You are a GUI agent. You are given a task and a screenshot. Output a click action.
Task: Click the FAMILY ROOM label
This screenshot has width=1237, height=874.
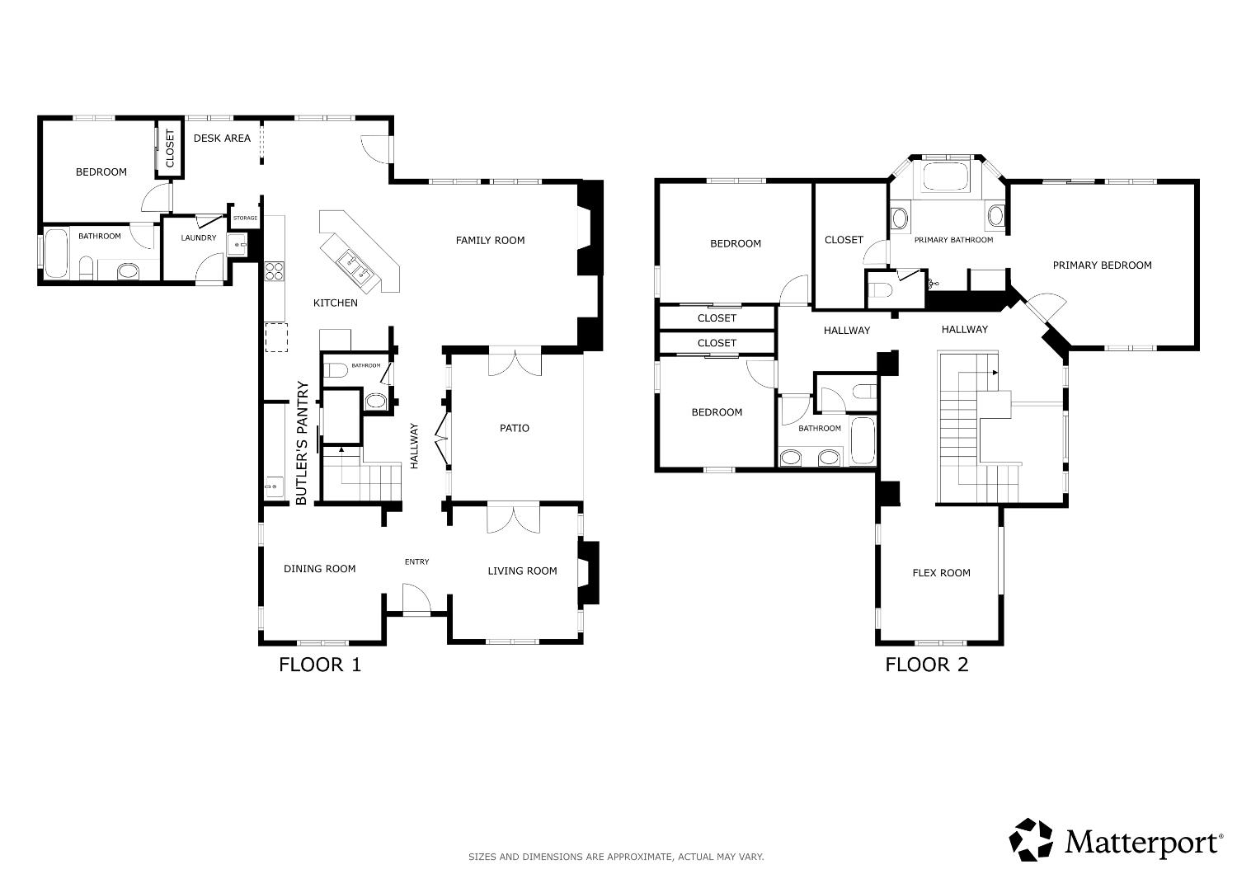[x=490, y=241]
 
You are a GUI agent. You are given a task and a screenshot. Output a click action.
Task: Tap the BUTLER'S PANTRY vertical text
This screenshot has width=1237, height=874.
[x=302, y=443]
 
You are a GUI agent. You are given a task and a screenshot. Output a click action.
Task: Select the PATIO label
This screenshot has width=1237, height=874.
[x=514, y=428]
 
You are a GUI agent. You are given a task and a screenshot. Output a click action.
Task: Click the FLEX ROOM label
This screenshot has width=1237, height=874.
[x=941, y=573]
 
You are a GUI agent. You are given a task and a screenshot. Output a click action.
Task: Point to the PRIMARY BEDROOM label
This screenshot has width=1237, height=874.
[x=1102, y=265]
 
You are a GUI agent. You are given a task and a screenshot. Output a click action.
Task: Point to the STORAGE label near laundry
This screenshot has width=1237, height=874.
[x=245, y=218]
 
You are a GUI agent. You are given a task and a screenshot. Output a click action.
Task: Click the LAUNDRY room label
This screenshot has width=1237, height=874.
[x=198, y=238]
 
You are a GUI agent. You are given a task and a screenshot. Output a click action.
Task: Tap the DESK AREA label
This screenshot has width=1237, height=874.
[x=222, y=139]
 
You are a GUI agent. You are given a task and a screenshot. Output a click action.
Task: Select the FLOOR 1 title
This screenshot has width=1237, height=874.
[x=320, y=665]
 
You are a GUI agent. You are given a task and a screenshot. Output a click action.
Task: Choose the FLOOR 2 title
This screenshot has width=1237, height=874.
[x=926, y=665]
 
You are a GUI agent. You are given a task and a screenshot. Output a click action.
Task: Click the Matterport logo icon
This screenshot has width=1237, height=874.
[x=1031, y=839]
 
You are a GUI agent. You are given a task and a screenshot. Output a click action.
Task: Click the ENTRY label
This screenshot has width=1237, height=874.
[x=416, y=562]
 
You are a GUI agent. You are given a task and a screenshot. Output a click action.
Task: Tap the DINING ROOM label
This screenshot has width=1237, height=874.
[x=319, y=569]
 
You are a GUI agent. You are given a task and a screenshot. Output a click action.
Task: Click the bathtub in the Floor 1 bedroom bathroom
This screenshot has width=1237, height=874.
[x=56, y=253]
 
